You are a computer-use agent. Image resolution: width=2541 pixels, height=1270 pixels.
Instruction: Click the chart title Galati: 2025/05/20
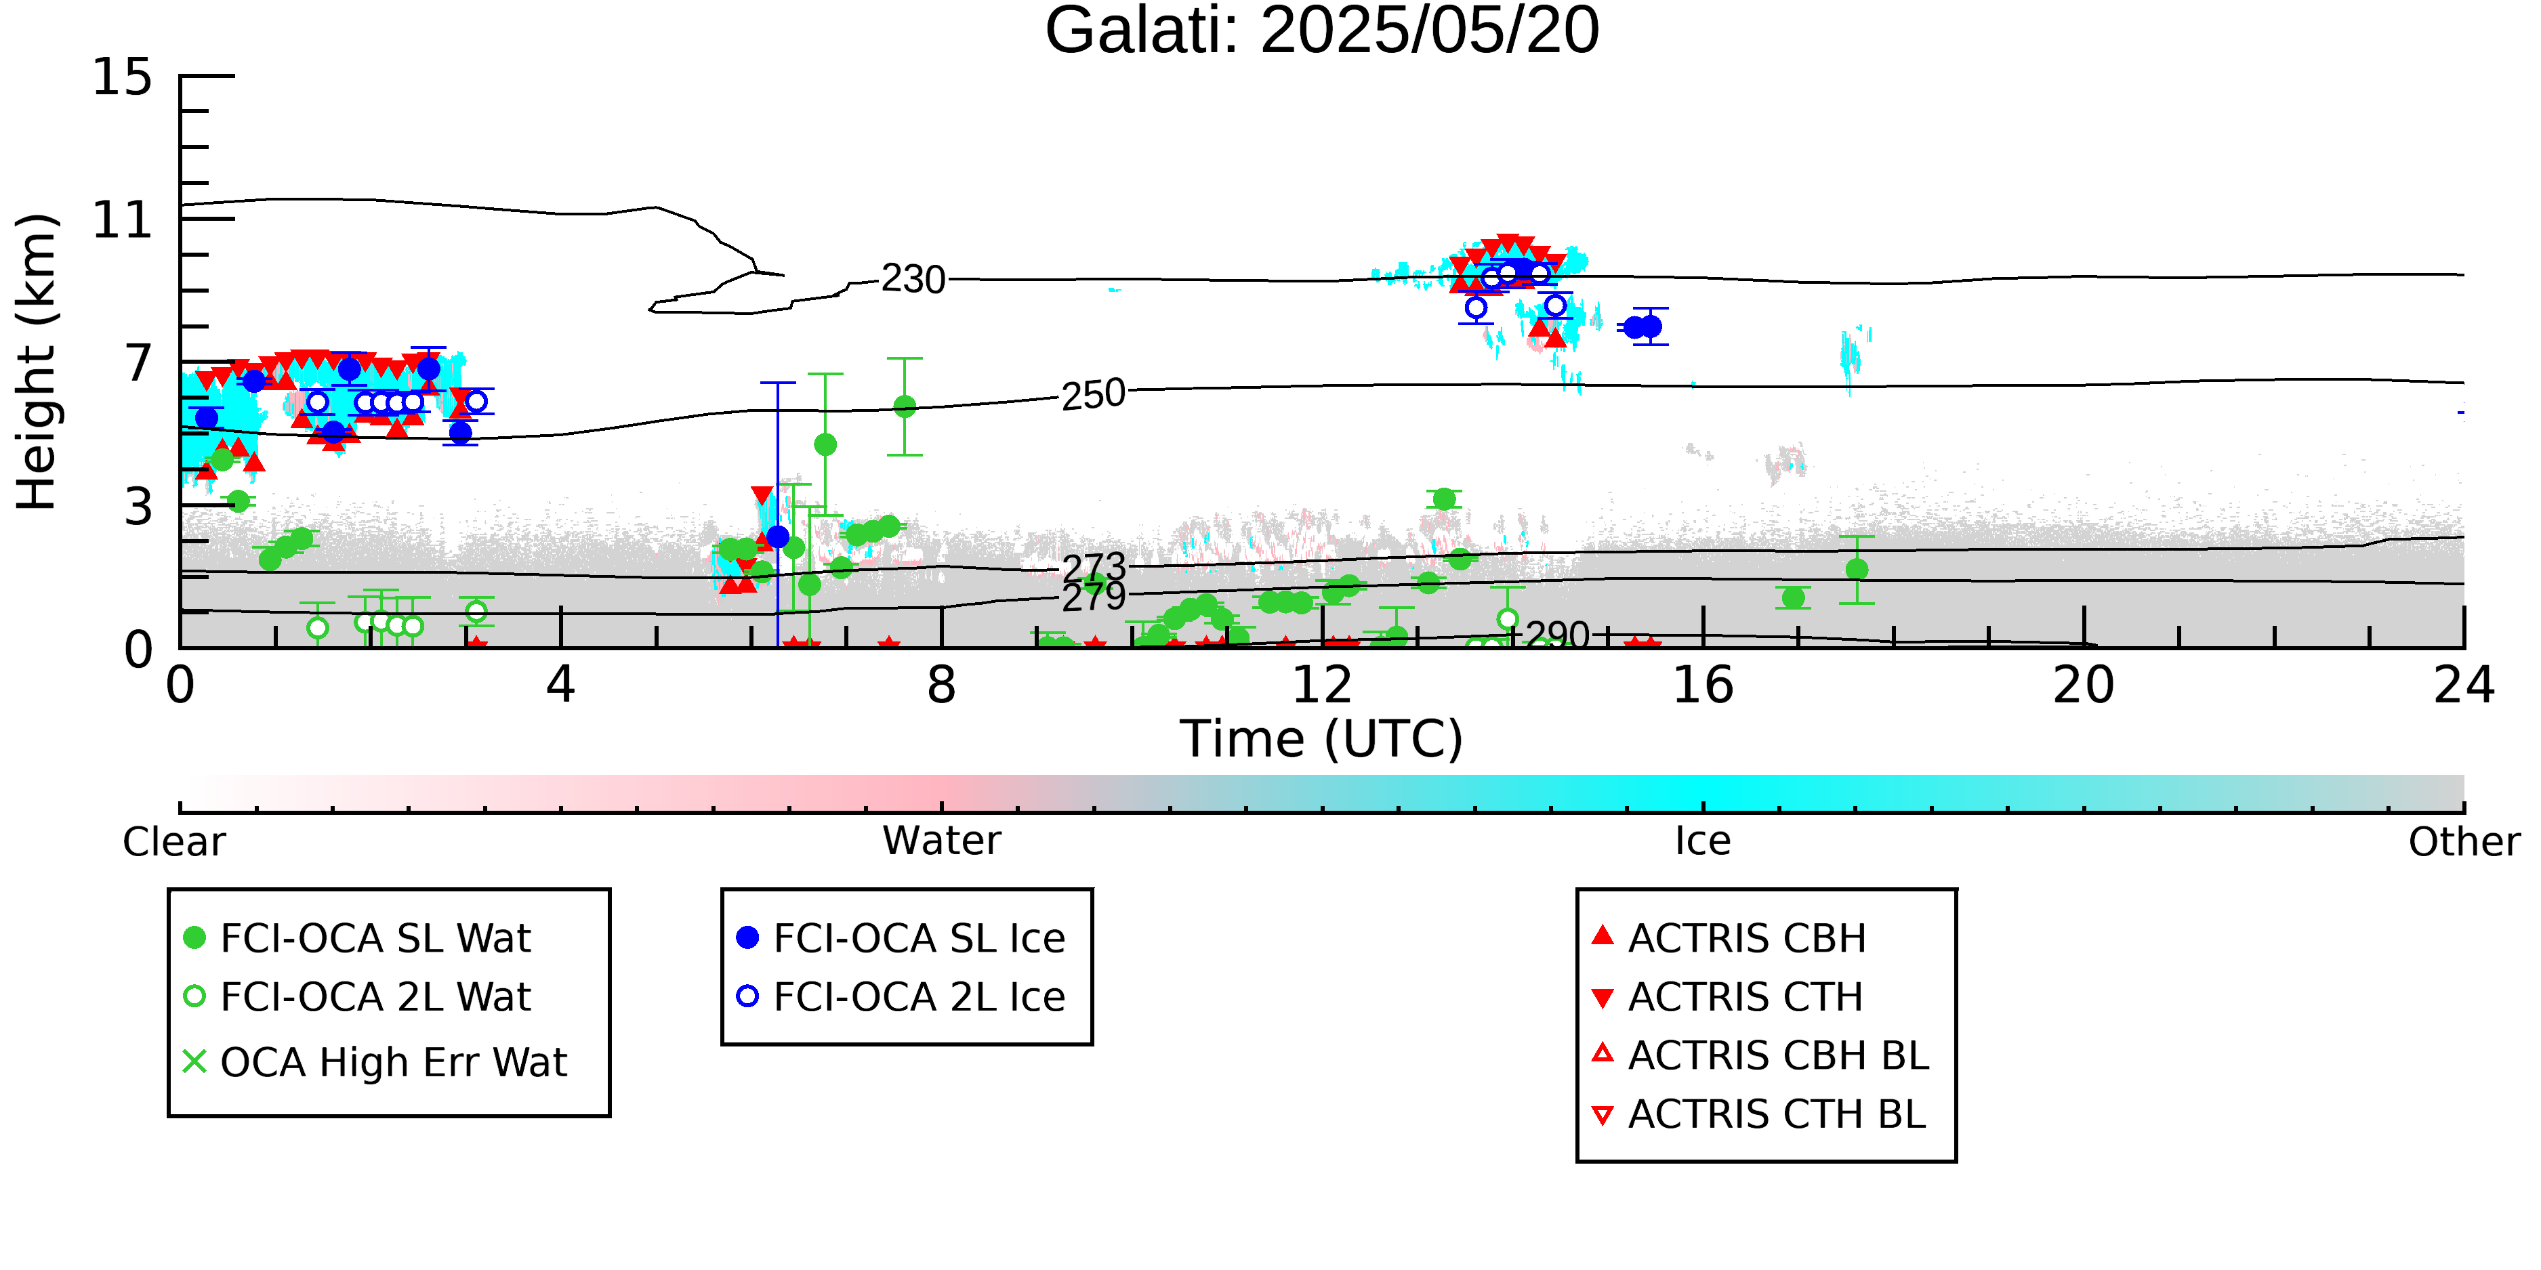click(1322, 32)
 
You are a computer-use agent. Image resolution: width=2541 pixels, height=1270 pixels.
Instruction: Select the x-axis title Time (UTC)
click(1322, 740)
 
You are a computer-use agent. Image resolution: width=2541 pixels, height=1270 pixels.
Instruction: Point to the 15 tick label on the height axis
click(123, 77)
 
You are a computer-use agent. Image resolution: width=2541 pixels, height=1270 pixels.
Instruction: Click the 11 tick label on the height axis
click(123, 220)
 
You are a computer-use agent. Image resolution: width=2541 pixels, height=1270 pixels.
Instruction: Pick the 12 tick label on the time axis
click(1322, 685)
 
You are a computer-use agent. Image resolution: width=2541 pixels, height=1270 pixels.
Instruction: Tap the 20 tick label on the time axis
click(2084, 685)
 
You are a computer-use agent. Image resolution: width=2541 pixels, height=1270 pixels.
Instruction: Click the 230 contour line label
click(913, 279)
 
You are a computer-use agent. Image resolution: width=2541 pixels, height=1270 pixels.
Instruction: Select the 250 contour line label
click(1093, 394)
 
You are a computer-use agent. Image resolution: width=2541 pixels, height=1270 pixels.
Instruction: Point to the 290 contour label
click(1558, 634)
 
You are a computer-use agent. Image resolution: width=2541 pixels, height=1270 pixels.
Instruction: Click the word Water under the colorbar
click(942, 841)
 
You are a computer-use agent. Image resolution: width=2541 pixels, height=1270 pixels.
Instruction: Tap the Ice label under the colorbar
click(1703, 841)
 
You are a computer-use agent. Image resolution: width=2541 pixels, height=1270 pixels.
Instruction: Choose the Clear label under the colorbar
click(173, 842)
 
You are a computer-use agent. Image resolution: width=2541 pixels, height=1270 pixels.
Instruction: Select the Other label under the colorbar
click(2464, 842)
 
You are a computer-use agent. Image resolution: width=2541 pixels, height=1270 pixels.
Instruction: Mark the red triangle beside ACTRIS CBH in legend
click(1603, 935)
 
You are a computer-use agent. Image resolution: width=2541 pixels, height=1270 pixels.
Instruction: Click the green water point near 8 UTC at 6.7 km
click(905, 406)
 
